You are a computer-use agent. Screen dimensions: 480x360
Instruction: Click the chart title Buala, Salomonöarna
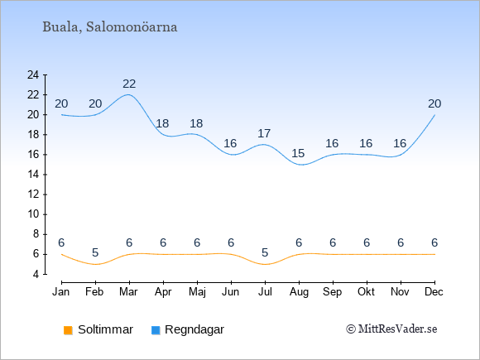[x=109, y=27]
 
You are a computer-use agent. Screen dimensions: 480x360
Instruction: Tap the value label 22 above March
[x=129, y=84]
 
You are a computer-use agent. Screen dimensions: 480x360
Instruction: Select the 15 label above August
[x=298, y=153]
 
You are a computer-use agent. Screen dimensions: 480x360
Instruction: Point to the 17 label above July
[x=264, y=133]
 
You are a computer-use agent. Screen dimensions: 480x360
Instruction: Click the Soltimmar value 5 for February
[x=95, y=252]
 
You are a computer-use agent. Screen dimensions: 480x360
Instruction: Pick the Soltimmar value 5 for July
[x=265, y=252]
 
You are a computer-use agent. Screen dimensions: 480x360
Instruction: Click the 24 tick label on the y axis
[x=33, y=74]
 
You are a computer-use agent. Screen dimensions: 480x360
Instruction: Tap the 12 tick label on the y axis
[x=33, y=194]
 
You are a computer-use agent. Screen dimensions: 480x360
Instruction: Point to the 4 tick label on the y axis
[x=36, y=274]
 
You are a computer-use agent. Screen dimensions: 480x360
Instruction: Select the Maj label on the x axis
[x=197, y=292]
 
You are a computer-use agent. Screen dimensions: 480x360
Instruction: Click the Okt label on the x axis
[x=366, y=292]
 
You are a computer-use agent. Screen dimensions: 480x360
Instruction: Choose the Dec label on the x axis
[x=434, y=292]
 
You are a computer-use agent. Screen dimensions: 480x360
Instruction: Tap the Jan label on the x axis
[x=61, y=292]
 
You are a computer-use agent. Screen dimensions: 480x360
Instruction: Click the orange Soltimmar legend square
[x=68, y=330]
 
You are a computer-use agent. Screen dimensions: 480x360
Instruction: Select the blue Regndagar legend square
[x=156, y=330]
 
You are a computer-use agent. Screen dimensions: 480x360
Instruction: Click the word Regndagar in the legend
[x=194, y=329]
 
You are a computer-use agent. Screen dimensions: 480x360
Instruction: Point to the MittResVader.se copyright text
[x=391, y=329]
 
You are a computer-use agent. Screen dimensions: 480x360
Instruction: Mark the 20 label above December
[x=434, y=103]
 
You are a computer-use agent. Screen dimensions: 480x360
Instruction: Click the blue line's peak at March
[x=128, y=94]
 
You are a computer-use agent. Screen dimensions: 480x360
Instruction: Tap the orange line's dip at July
[x=265, y=264]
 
